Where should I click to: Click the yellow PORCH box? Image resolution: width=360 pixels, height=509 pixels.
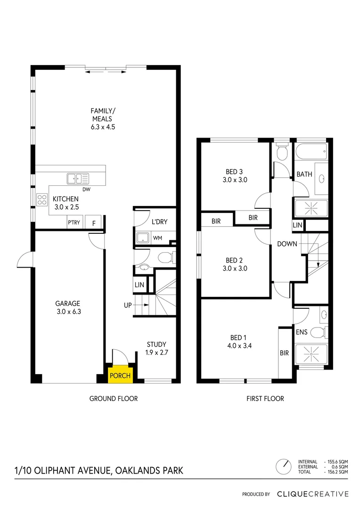tap(120, 376)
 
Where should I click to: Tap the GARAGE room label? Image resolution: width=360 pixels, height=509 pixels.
tap(67, 304)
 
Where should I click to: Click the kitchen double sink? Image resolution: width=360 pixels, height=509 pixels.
tap(78, 179)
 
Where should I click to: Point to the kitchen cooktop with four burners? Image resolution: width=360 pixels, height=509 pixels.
tap(42, 200)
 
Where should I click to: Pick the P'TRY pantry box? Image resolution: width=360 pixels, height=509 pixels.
tap(74, 223)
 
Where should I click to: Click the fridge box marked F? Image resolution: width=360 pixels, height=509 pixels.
tap(94, 223)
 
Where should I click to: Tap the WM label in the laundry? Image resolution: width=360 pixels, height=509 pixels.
tap(157, 238)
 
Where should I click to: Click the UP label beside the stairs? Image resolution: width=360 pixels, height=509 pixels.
tap(128, 305)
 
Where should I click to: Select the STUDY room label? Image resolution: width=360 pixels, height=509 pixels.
tap(156, 344)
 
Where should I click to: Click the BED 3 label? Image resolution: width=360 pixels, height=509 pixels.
tap(234, 172)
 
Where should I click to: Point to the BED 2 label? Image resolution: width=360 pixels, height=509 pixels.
tap(234, 260)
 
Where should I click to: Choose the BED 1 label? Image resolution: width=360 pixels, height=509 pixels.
tap(238, 337)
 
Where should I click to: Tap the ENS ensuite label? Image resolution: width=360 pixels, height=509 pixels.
tap(302, 332)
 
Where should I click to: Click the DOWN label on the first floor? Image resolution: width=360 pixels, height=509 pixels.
tap(287, 244)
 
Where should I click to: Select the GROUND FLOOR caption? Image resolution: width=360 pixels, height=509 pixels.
tap(114, 399)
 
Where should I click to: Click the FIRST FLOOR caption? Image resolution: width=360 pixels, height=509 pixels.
tap(265, 399)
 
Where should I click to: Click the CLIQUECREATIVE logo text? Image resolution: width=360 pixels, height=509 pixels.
tap(312, 494)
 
